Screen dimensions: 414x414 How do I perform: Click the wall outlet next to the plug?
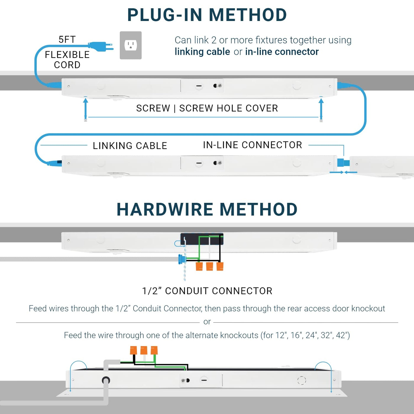131,45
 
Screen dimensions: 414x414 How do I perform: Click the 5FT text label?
67,40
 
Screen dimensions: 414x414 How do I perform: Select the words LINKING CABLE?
130,146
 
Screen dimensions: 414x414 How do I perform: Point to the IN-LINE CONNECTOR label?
253,145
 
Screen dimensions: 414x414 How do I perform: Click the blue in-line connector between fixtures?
343,163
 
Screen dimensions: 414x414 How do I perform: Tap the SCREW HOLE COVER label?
229,108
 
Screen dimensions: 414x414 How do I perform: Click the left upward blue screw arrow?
85,108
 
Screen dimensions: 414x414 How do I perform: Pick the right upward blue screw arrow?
321,108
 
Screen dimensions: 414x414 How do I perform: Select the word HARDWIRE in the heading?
165,209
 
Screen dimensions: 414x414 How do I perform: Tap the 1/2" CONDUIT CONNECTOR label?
207,291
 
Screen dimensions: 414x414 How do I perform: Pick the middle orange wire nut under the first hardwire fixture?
209,266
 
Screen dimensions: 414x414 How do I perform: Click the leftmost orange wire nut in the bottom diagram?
133,350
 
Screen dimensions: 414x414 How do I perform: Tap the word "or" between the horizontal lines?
207,322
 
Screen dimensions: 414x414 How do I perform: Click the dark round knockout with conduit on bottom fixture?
106,380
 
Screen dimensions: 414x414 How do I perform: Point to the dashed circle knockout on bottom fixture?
302,380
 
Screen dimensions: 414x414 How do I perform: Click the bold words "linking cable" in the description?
202,52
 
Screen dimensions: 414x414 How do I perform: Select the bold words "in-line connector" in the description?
282,52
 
